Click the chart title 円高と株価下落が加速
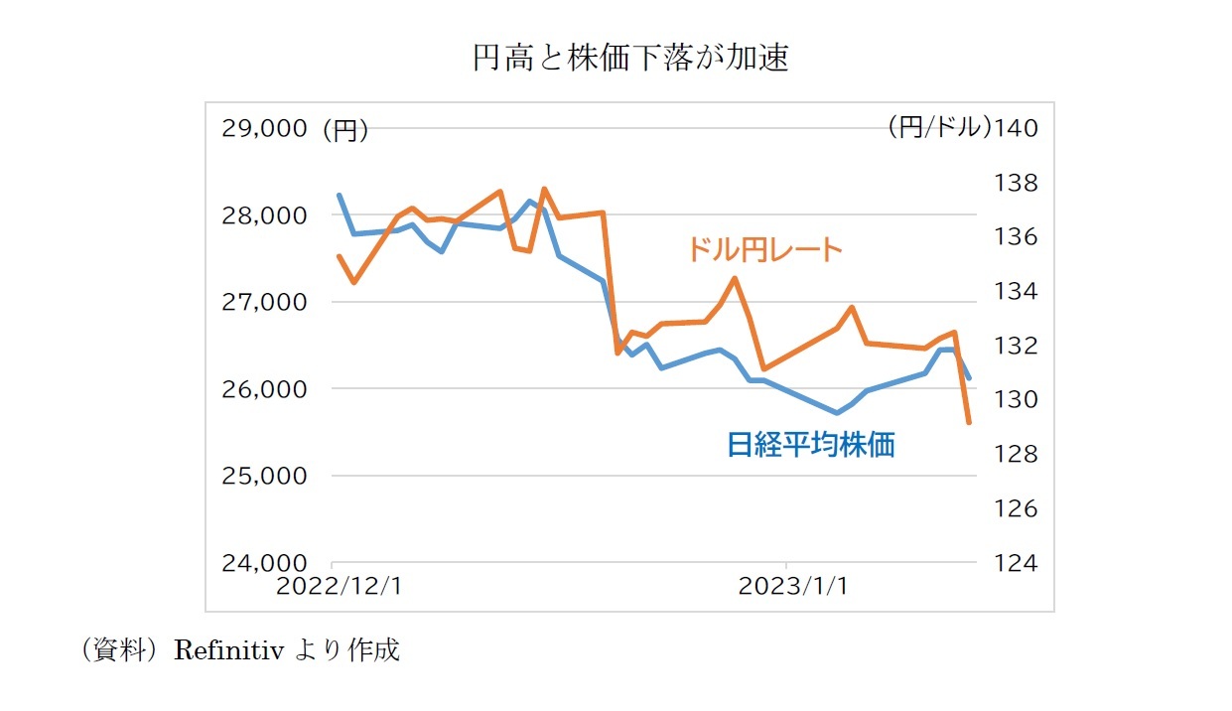click(630, 60)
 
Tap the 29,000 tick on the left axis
click(263, 129)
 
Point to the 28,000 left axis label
click(263, 215)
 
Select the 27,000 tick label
click(263, 302)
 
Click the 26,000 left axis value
click(263, 389)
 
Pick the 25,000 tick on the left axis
click(263, 476)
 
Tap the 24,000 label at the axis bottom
click(263, 563)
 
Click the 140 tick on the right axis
click(1014, 128)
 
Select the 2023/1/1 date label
click(793, 586)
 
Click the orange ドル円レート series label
click(764, 249)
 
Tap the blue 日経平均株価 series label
click(810, 445)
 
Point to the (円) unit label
click(345, 130)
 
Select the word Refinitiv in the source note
click(229, 651)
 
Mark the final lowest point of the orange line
click(969, 424)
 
